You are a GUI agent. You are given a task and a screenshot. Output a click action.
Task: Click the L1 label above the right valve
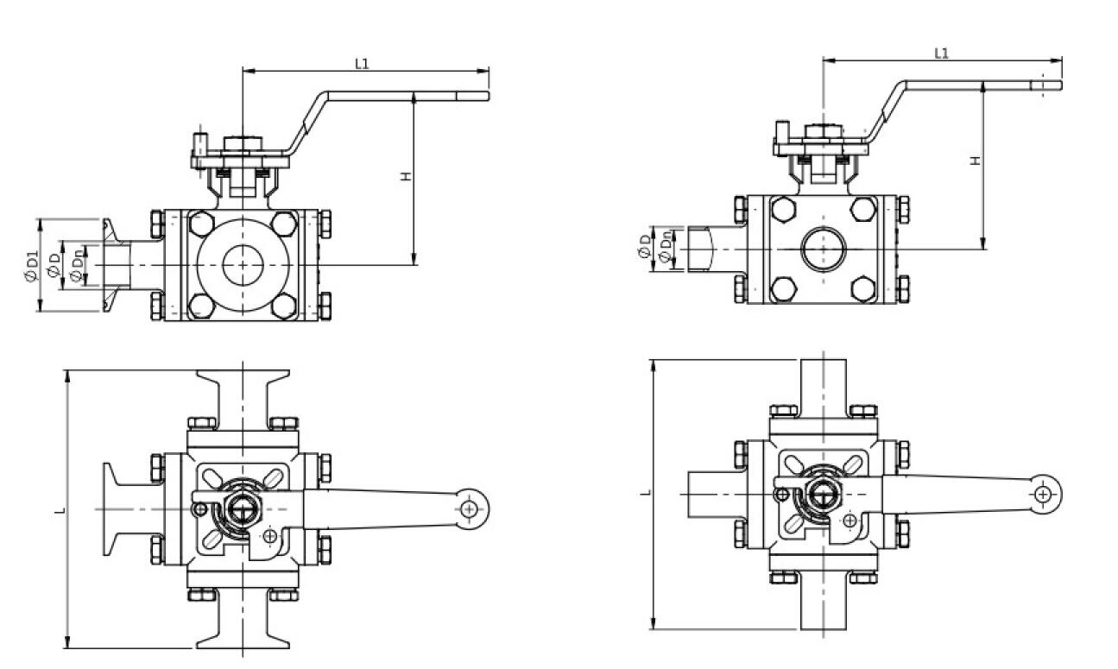[x=942, y=53]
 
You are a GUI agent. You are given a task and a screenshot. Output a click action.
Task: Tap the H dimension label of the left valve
[x=406, y=176]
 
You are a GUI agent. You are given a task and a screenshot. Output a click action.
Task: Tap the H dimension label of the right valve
[x=975, y=161]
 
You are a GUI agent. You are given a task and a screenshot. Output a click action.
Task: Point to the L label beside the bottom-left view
[x=60, y=510]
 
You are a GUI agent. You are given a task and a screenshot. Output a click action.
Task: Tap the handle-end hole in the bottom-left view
[x=469, y=508]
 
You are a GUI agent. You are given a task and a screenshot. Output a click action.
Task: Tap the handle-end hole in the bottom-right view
[x=1045, y=494]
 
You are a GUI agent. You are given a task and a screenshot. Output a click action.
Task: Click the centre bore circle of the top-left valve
[x=243, y=264]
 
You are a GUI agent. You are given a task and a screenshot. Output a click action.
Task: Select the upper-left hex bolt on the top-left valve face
[x=200, y=223]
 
